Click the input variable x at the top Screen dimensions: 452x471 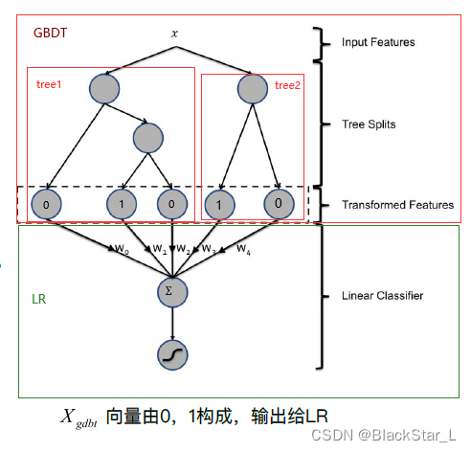174,33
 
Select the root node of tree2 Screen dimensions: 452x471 253,89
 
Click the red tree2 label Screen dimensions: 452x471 287,85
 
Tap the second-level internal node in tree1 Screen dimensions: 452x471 147,139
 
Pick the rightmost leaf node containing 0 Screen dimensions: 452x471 277,204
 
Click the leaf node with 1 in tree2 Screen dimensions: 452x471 219,204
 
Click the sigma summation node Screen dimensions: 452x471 172,286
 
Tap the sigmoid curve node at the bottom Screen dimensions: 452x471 172,356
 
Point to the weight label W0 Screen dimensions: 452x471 120,249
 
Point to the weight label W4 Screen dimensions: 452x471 243,250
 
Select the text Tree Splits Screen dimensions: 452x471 369,124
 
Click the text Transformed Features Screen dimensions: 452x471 397,205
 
